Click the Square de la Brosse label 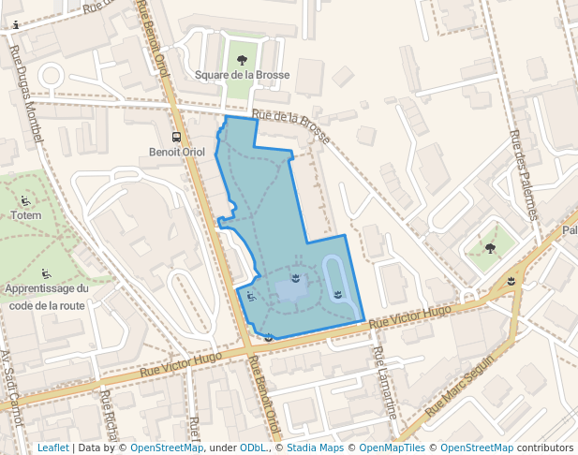click(x=242, y=75)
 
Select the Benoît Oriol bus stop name click(x=176, y=152)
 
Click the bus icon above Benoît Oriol click(x=176, y=136)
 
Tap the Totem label click(x=26, y=215)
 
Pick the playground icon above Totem click(x=24, y=200)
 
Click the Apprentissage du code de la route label click(x=47, y=297)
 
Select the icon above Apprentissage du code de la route click(x=46, y=274)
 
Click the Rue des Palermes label click(x=524, y=173)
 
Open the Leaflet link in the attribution click(x=52, y=448)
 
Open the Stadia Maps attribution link click(x=315, y=448)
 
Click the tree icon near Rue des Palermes click(x=490, y=248)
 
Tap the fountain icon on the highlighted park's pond click(x=296, y=279)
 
